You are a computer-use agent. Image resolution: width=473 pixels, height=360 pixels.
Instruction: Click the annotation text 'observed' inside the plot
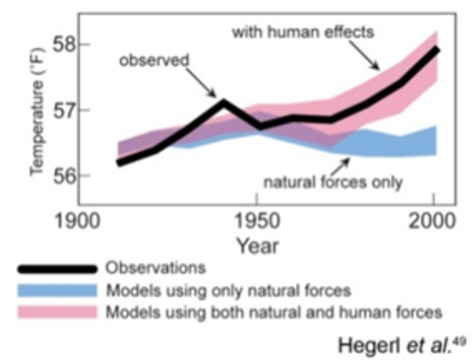pyautogui.click(x=154, y=60)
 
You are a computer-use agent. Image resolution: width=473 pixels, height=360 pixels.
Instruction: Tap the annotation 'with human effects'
pyautogui.click(x=303, y=32)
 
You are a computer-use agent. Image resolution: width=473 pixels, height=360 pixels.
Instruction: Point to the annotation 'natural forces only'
pyautogui.click(x=333, y=182)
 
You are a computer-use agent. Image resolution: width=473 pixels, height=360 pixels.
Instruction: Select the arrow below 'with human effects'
pyautogui.click(x=367, y=56)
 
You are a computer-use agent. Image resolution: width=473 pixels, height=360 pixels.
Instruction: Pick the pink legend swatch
pyautogui.click(x=58, y=310)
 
